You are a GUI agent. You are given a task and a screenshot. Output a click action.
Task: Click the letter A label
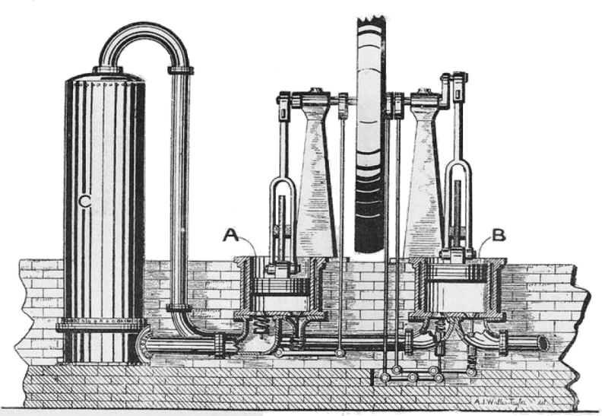(230, 236)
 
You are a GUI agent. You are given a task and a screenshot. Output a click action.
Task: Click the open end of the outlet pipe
(543, 344)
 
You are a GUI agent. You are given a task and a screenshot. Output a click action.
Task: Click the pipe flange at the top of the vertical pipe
(180, 71)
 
